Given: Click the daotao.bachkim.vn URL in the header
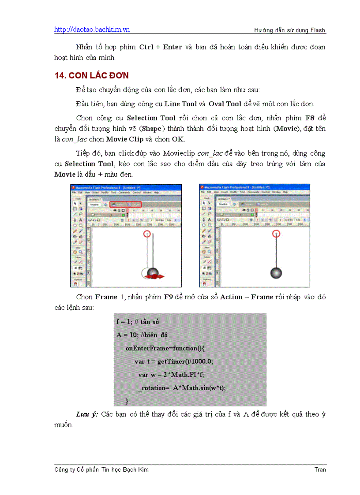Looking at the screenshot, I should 92,30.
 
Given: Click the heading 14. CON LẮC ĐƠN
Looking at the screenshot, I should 91,75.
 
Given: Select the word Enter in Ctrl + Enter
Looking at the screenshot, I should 172,47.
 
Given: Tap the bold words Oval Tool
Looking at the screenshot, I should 225,104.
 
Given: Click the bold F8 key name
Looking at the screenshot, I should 310,118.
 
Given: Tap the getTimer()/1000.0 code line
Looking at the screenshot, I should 174,361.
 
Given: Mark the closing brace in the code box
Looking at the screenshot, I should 127,401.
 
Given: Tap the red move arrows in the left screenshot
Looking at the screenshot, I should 156,276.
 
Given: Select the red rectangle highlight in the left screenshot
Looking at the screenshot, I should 126,205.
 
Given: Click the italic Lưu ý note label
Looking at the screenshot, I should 87,414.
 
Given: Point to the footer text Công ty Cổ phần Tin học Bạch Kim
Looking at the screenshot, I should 101,470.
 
